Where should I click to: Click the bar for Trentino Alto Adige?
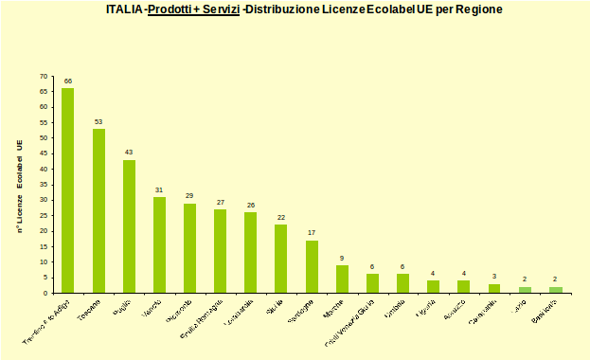pos(68,190)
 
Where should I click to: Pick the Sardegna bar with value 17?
pos(312,266)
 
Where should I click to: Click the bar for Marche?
pos(342,279)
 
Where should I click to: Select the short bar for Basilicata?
pos(556,290)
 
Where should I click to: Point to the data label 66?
pos(68,81)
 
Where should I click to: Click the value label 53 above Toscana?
pos(98,121)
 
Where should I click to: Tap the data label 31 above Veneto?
pos(159,189)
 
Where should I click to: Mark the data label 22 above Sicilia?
pos(281,217)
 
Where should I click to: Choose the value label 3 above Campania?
pos(494,277)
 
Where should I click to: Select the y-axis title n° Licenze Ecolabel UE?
pos(19,185)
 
